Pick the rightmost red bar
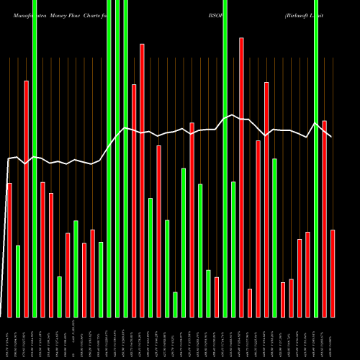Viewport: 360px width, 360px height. click(x=333, y=273)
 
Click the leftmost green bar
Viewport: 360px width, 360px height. click(x=18, y=281)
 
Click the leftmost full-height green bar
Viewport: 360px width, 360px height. click(x=35, y=158)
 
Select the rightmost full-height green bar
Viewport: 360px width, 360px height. click(x=316, y=158)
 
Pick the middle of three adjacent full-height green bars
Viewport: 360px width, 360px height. click(x=117, y=158)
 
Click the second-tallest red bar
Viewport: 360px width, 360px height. click(x=142, y=180)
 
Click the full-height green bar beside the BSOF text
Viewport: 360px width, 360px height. click(x=225, y=158)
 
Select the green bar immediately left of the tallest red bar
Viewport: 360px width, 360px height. click(x=233, y=249)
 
